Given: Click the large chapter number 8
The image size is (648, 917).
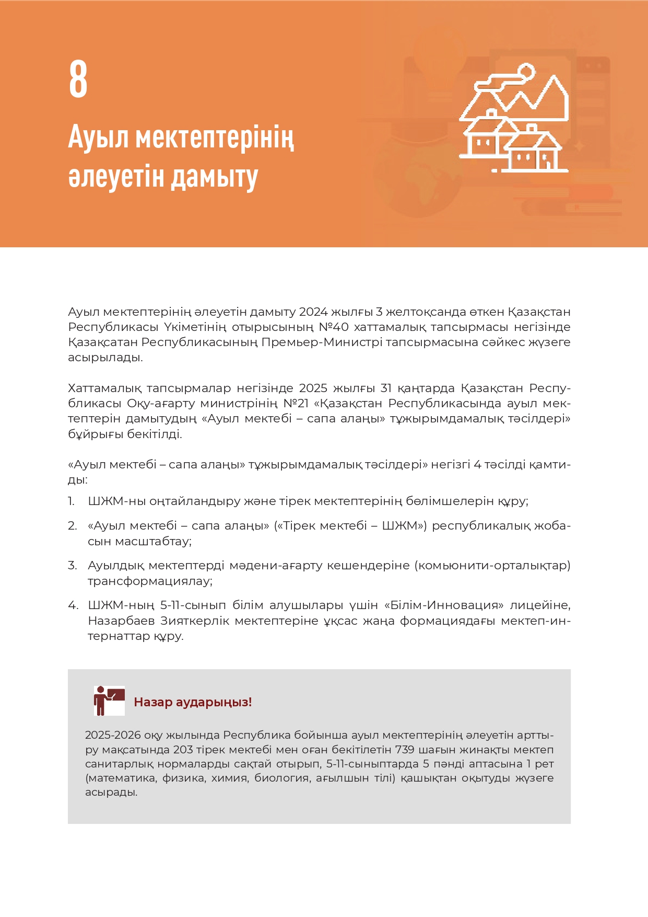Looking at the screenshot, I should coord(78,79).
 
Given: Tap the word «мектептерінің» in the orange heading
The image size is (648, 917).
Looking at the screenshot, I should coord(215,137).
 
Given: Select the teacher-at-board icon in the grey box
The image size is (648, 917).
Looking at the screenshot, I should coord(109,701).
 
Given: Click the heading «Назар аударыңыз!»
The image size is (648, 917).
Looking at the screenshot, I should coord(193,702).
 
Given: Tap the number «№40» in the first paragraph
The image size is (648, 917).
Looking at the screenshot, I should coord(334,327).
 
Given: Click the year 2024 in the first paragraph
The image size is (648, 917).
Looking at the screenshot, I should coord(313,312).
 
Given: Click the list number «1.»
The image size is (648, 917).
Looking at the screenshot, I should coord(72,501).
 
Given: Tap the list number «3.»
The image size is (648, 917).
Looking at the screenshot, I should coord(72,566).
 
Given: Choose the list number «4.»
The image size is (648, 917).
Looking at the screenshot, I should coord(73,605).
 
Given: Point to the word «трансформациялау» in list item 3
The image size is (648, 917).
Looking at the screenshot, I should coord(149,581).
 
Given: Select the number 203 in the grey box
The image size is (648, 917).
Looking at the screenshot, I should coord(183,750).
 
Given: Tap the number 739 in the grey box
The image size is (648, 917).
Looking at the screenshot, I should coord(405,750).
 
